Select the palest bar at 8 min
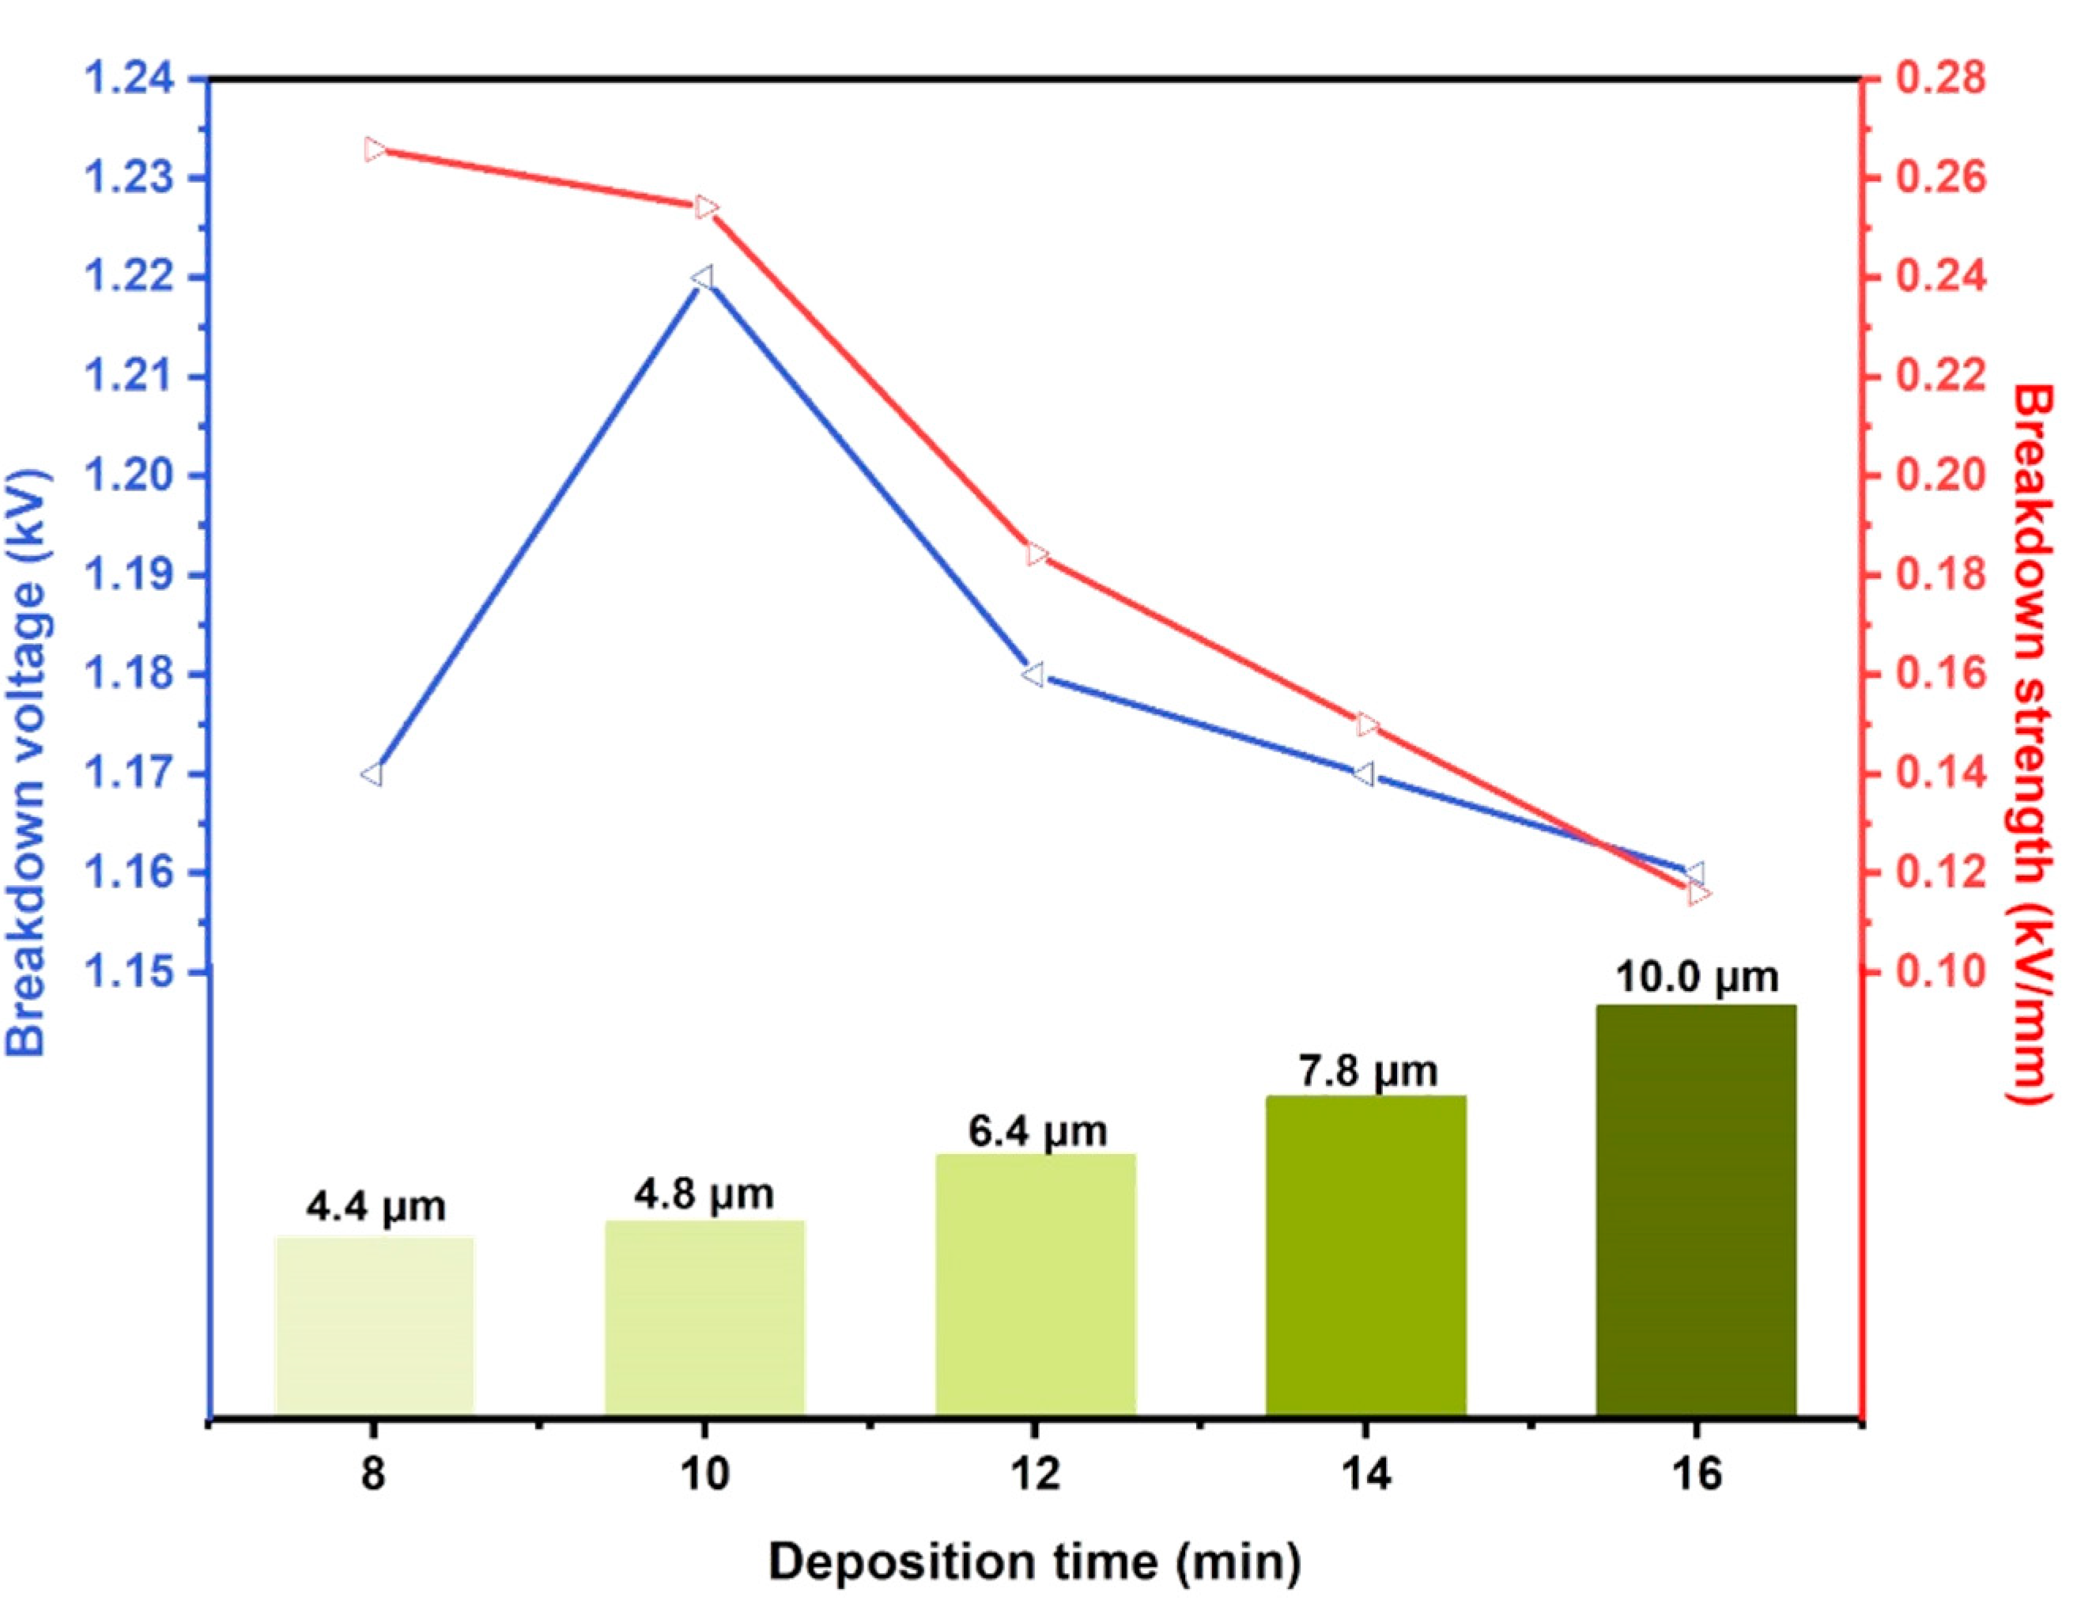(x=374, y=1326)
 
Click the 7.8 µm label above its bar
(x=1367, y=1071)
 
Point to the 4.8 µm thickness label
(x=704, y=1194)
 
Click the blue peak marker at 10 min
(x=704, y=278)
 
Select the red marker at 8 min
(x=375, y=150)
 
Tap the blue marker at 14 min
(x=1364, y=774)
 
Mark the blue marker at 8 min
(x=372, y=774)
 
